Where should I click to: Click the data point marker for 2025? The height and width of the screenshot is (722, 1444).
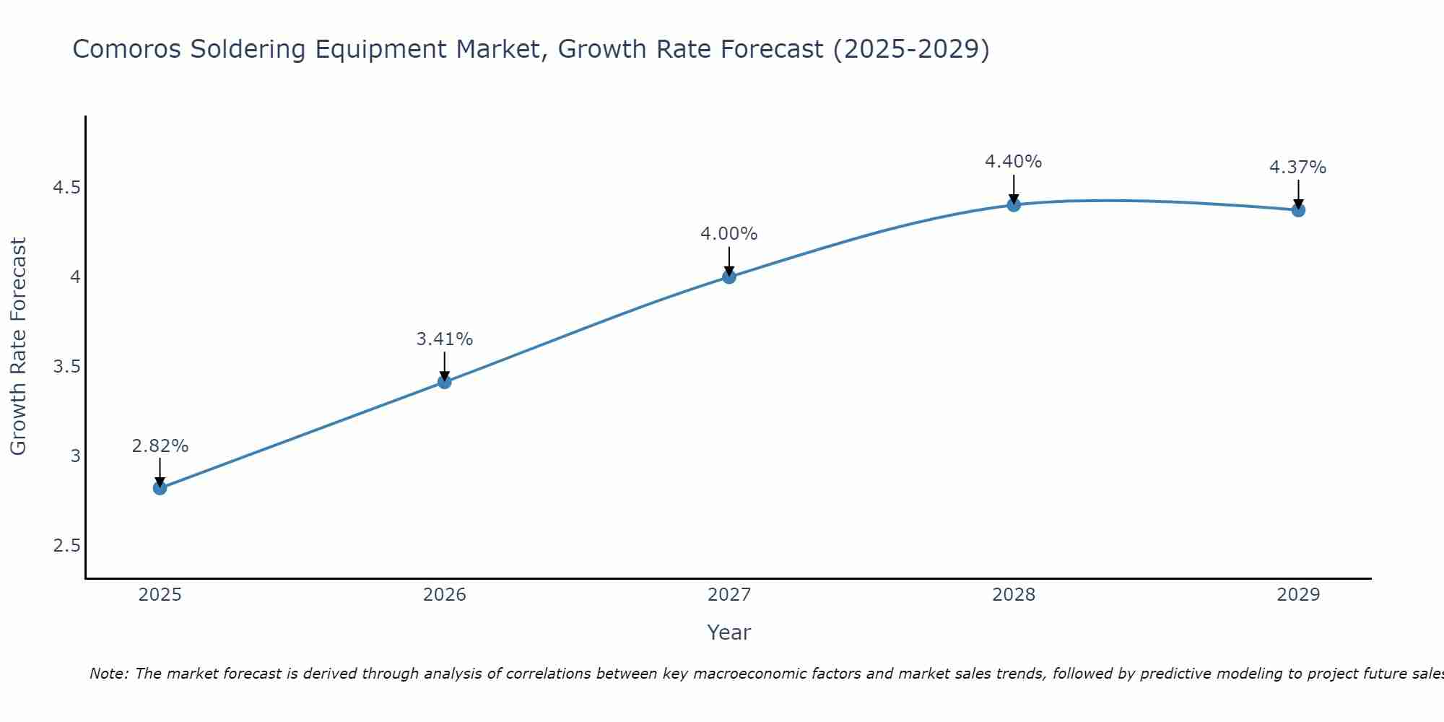(x=160, y=488)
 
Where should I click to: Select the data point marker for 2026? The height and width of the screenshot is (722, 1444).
(x=445, y=382)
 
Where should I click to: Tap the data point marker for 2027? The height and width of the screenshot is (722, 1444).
(x=729, y=277)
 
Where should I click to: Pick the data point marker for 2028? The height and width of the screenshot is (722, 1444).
(x=1014, y=205)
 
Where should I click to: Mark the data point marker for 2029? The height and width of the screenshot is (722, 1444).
(x=1298, y=210)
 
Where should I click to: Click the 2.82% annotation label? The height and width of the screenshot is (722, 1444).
(x=160, y=446)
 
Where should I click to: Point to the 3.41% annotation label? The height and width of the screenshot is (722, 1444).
(x=445, y=339)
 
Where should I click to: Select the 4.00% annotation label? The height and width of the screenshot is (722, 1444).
(x=729, y=234)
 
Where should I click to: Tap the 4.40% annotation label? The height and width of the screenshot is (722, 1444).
(x=1014, y=162)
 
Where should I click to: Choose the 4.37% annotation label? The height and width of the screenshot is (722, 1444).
(x=1298, y=168)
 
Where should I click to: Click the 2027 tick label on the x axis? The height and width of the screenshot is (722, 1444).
(x=729, y=595)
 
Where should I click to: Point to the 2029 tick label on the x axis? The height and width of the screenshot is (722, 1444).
(x=1298, y=595)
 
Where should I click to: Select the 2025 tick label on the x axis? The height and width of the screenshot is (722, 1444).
(x=160, y=595)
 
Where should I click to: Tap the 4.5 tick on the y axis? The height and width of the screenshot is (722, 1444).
(x=66, y=188)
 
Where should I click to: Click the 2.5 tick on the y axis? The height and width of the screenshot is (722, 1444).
(x=66, y=545)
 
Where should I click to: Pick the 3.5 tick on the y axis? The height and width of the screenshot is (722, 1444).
(x=66, y=367)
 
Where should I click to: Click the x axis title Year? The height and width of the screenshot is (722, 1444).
(x=729, y=632)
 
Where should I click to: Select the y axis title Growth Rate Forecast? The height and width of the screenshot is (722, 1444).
(x=18, y=347)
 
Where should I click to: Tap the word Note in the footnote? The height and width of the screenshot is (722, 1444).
(x=108, y=674)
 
